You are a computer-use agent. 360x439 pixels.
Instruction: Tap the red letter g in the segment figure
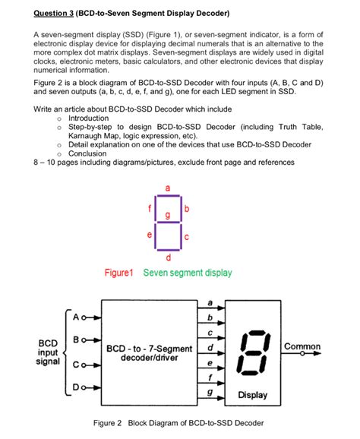[168, 218]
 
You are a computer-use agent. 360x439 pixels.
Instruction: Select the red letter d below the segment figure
[168, 258]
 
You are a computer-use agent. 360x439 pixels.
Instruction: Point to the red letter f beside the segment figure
[150, 208]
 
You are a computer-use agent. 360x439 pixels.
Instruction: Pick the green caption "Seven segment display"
[188, 273]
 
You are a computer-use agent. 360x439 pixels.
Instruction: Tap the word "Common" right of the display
[302, 346]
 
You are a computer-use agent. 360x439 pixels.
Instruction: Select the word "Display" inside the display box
[252, 395]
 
